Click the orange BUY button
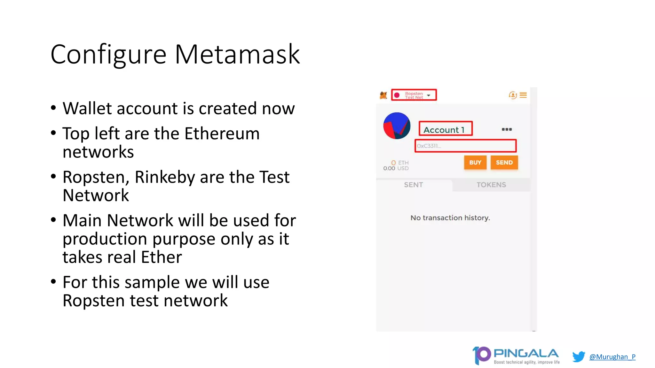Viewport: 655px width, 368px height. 475,163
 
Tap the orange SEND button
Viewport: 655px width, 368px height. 504,163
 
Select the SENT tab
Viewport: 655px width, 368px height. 413,185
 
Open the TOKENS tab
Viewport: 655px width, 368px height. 491,185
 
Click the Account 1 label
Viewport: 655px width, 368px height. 444,130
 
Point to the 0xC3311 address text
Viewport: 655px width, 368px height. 429,146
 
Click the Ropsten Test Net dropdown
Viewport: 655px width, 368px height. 414,95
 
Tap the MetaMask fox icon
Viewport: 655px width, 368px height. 383,95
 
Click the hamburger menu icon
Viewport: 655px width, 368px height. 523,95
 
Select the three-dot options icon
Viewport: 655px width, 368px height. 507,129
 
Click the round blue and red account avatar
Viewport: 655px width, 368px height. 397,126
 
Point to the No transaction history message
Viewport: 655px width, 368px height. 450,218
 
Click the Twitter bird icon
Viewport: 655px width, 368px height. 578,356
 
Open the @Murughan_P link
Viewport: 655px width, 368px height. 612,357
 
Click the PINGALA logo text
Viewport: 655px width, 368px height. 526,354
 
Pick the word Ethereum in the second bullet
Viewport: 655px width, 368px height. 222,134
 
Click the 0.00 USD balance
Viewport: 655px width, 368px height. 396,168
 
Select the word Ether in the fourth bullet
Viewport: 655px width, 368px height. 161,257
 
